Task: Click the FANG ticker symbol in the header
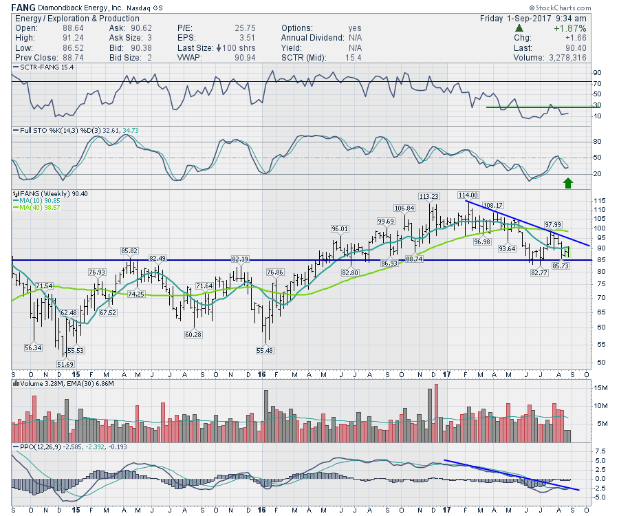coord(23,8)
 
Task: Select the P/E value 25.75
coord(248,28)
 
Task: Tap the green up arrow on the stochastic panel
coord(568,182)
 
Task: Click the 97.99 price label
coord(554,224)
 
